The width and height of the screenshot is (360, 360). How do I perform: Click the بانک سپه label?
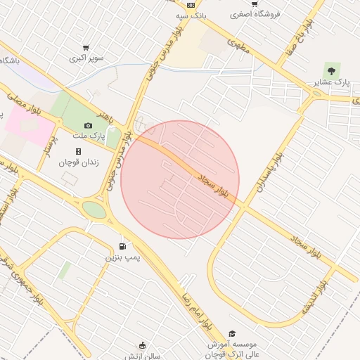coord(190,15)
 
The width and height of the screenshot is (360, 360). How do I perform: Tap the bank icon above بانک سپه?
coord(191,4)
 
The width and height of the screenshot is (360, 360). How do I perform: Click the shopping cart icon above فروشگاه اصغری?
coord(254,4)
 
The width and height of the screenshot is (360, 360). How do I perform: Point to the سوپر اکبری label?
coord(86,58)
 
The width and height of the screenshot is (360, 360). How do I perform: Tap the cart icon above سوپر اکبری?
coord(86,48)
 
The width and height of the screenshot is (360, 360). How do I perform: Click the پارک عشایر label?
coord(331,83)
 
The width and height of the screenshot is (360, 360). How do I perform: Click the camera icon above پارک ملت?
coord(88,125)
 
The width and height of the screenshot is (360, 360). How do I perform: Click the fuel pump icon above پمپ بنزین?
coord(123,247)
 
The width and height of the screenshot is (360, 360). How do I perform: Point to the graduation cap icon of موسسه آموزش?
coord(232,333)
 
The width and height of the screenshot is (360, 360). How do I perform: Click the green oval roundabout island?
coord(94,210)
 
